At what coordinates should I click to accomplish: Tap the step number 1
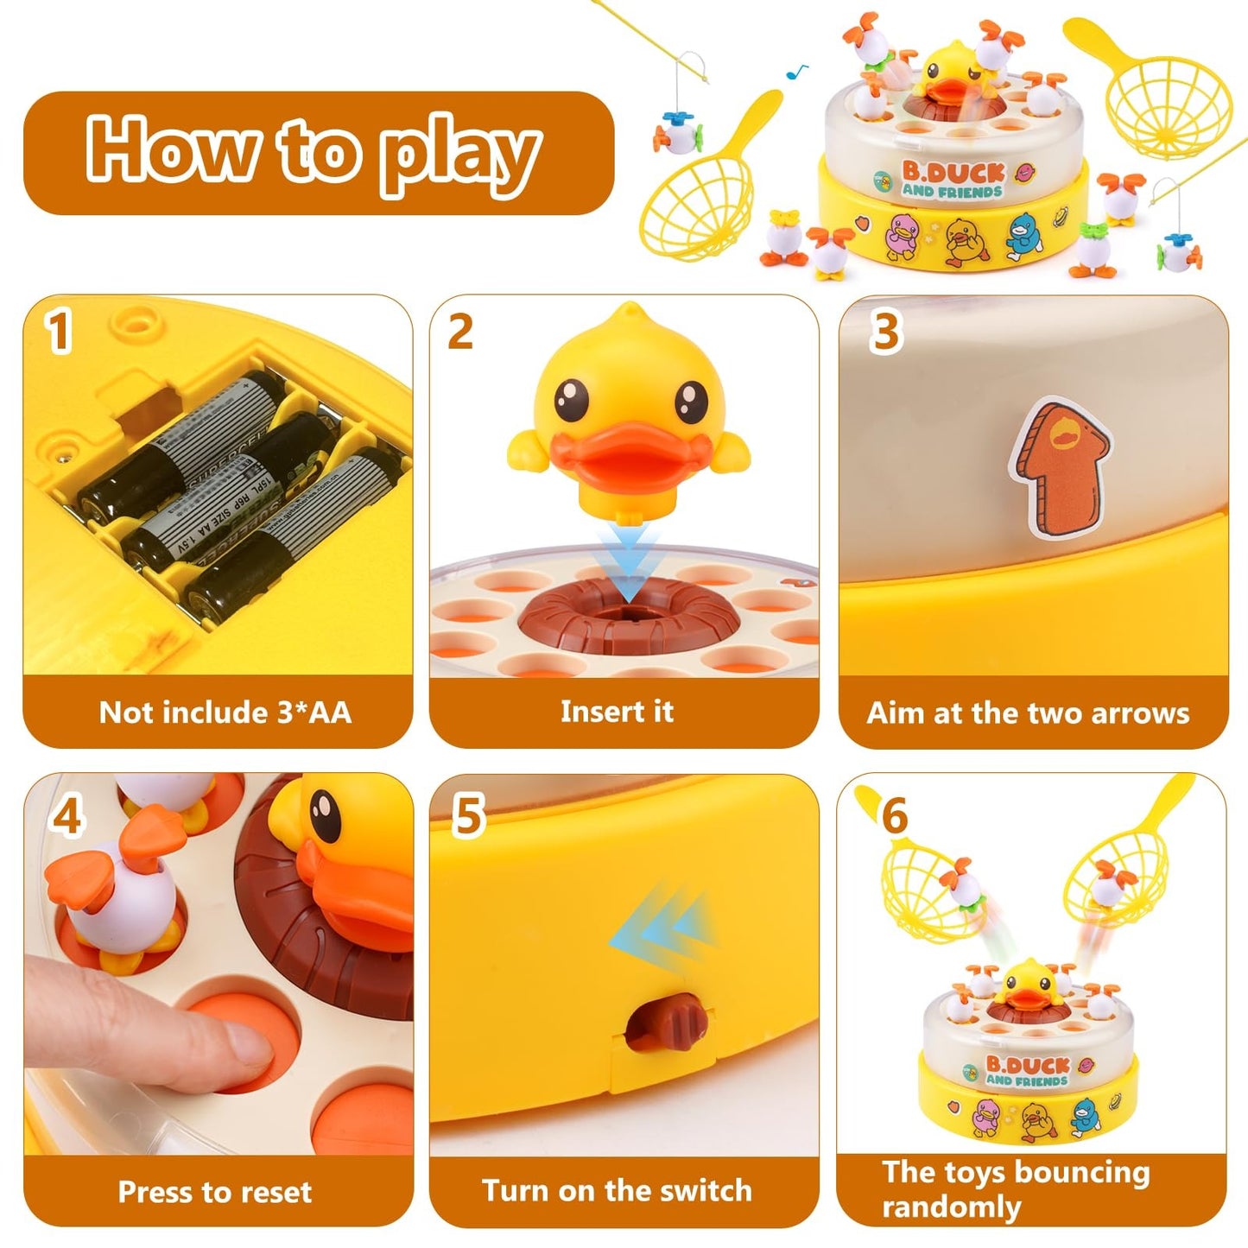click(58, 333)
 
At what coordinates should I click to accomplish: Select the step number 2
click(460, 332)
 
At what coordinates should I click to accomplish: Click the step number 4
click(67, 815)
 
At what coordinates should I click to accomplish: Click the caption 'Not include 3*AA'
click(225, 713)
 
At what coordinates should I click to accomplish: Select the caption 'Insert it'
click(617, 712)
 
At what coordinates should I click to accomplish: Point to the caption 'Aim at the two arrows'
click(1028, 713)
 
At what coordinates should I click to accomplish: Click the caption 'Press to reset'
click(215, 1192)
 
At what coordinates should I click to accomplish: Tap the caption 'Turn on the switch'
click(617, 1191)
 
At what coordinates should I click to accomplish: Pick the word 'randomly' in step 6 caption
click(951, 1207)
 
